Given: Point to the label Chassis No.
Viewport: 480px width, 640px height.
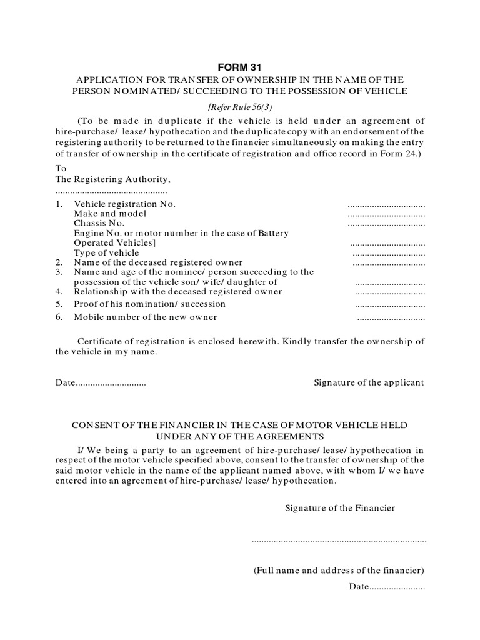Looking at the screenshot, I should pos(99,223).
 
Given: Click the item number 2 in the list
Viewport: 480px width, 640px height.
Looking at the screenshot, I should pos(59,262).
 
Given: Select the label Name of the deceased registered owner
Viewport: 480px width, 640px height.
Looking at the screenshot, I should pos(158,262).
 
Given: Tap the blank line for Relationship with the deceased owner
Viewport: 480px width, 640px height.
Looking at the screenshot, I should pos(390,292).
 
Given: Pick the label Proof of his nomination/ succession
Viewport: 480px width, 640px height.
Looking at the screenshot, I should pos(149,304).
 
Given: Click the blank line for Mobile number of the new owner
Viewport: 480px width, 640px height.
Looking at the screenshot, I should pos(391,318).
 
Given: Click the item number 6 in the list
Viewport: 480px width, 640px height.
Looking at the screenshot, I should pos(59,317).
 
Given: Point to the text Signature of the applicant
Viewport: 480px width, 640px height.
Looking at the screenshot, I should pos(368,382).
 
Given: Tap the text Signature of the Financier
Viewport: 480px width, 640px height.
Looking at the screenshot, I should pos(340,508).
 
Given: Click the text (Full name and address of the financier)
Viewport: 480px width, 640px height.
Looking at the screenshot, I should pos(339,571).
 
